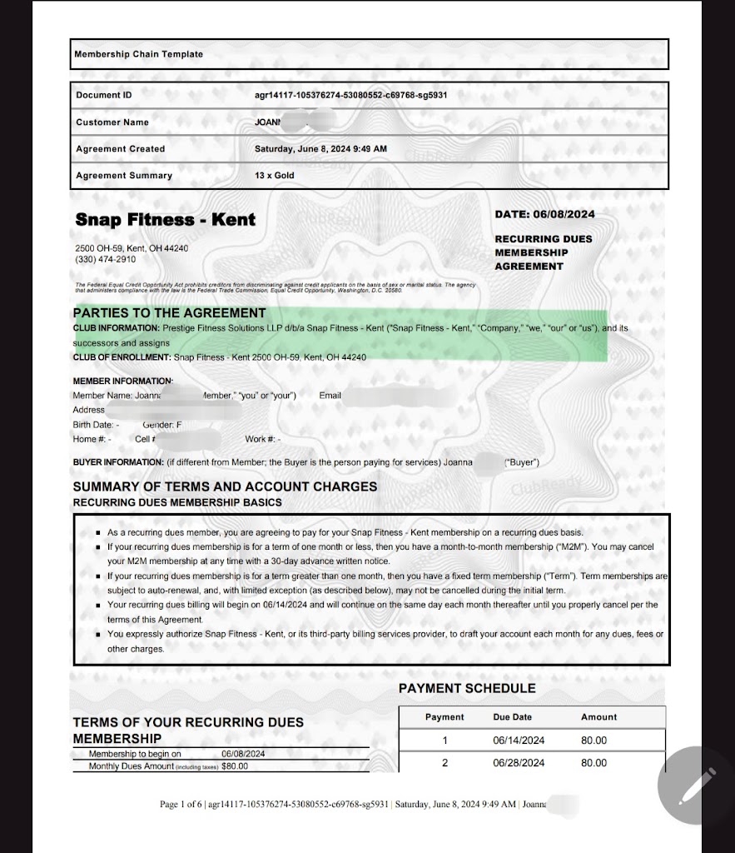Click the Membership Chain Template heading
click(x=138, y=54)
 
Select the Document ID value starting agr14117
click(x=350, y=95)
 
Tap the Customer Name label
click(x=112, y=122)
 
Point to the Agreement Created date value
click(x=320, y=149)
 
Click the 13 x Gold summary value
click(x=275, y=176)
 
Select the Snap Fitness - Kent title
click(x=166, y=220)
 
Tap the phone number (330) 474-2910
click(x=105, y=260)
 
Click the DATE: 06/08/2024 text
click(x=544, y=214)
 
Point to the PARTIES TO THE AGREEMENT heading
click(x=170, y=313)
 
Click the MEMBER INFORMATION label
click(x=122, y=382)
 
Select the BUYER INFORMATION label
click(x=118, y=462)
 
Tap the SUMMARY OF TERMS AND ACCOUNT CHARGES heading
click(x=225, y=486)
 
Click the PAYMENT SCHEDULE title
click(x=467, y=688)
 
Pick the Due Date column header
click(x=512, y=717)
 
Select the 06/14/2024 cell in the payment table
click(x=519, y=741)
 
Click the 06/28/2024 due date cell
click(x=519, y=763)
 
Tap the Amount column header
click(x=598, y=717)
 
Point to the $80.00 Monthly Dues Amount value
click(x=236, y=766)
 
